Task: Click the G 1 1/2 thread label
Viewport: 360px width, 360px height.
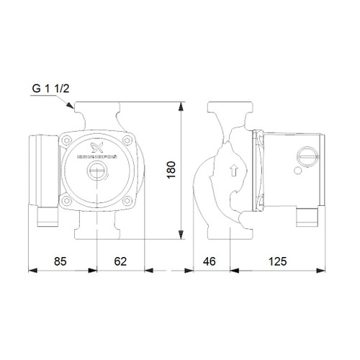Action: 50,91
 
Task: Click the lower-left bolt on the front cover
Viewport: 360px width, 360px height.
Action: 68,201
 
